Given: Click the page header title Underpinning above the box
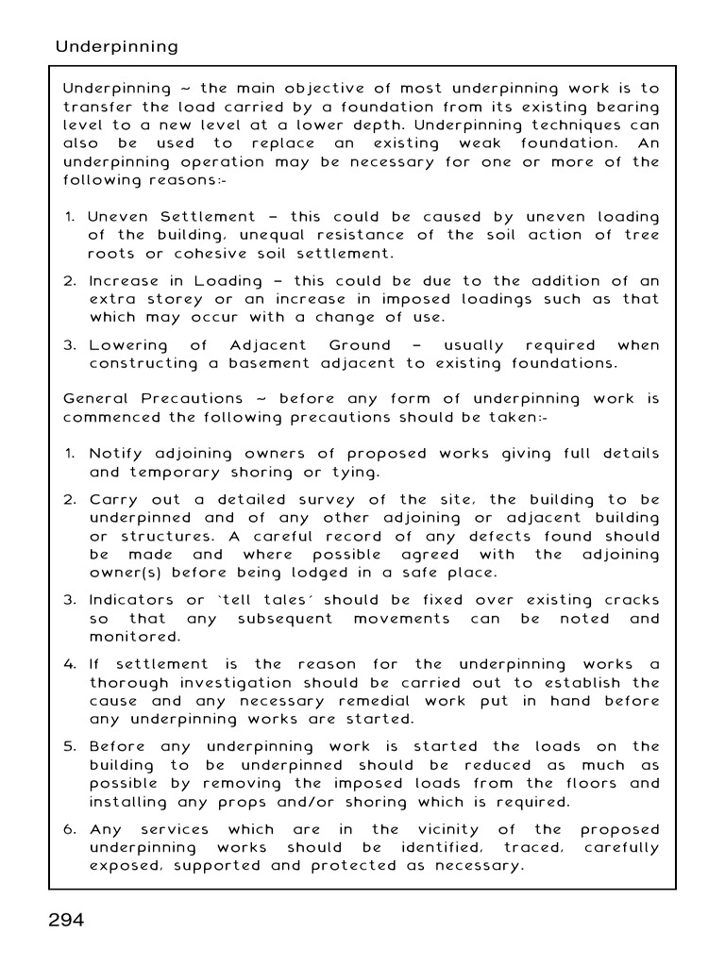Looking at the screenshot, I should click(x=116, y=46).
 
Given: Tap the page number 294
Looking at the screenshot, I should click(x=67, y=920).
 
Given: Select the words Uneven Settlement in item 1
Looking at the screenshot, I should click(x=172, y=217).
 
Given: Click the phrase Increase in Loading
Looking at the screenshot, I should click(x=176, y=281).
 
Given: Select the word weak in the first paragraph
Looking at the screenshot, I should click(x=480, y=143).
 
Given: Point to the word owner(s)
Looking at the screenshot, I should click(x=126, y=574).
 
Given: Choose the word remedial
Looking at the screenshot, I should click(x=414, y=701).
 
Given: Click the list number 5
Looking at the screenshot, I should click(x=70, y=747).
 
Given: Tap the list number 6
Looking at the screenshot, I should click(x=70, y=830).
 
